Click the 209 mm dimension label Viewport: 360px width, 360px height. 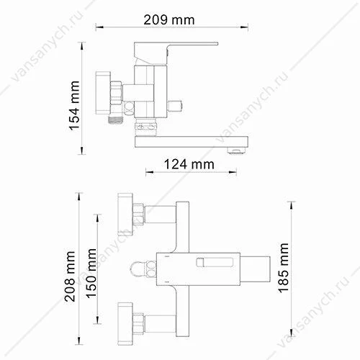pyautogui.click(x=169, y=20)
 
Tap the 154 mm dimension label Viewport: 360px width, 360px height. pyautogui.click(x=74, y=106)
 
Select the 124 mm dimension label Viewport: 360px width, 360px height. pyautogui.click(x=189, y=165)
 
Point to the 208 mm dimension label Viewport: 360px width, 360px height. pyautogui.click(x=70, y=276)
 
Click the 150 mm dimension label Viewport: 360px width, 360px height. pyautogui.click(x=91, y=274)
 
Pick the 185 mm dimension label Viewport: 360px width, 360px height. pyautogui.click(x=283, y=268)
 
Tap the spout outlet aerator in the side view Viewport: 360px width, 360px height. pyautogui.click(x=237, y=151)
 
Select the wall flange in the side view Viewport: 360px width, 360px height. pyautogui.click(x=103, y=92)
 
